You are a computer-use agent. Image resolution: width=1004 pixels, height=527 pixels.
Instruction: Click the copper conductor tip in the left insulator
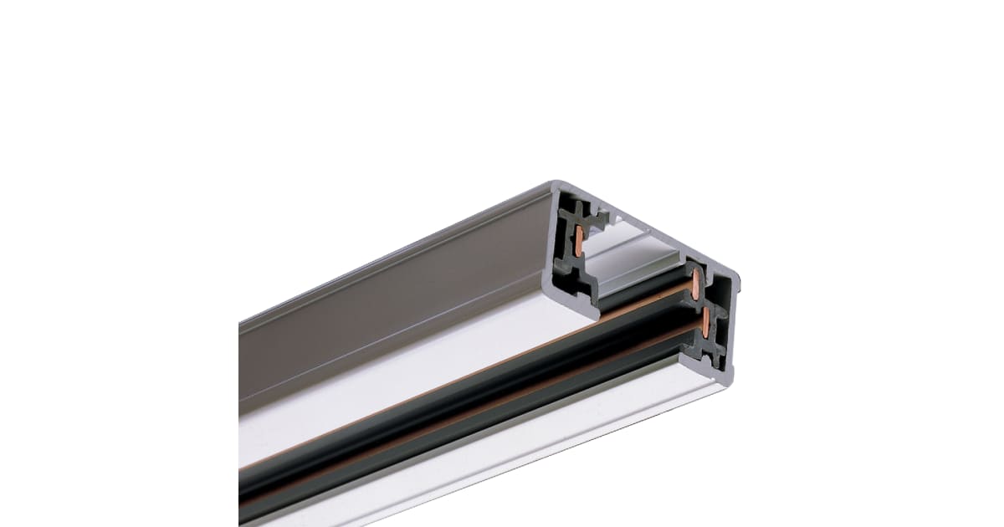[578, 240]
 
